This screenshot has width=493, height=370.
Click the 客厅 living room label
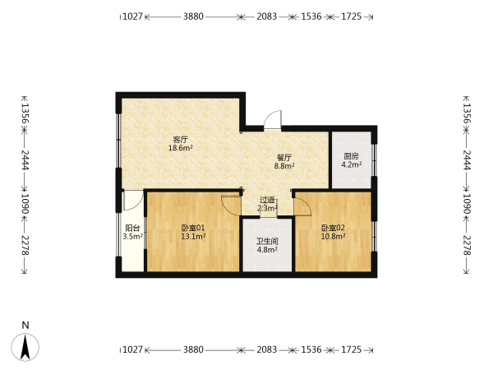(181, 140)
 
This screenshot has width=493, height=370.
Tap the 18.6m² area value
(181, 148)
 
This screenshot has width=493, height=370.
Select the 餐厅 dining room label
(284, 157)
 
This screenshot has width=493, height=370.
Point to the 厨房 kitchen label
(351, 156)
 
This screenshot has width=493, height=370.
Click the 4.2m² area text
(351, 164)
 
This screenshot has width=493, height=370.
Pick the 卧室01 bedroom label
(193, 228)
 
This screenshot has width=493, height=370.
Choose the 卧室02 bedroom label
(333, 228)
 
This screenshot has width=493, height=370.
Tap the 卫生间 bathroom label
(267, 242)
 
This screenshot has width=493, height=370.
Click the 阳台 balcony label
(132, 228)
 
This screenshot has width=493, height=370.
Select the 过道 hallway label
(267, 200)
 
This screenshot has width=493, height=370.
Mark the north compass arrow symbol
(25, 347)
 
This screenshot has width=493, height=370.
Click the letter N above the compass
(25, 325)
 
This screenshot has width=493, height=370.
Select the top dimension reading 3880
(193, 16)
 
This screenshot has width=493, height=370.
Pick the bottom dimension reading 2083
(266, 349)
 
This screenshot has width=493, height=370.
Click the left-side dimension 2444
(25, 160)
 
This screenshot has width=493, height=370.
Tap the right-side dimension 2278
(467, 245)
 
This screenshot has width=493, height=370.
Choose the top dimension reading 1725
(351, 16)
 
